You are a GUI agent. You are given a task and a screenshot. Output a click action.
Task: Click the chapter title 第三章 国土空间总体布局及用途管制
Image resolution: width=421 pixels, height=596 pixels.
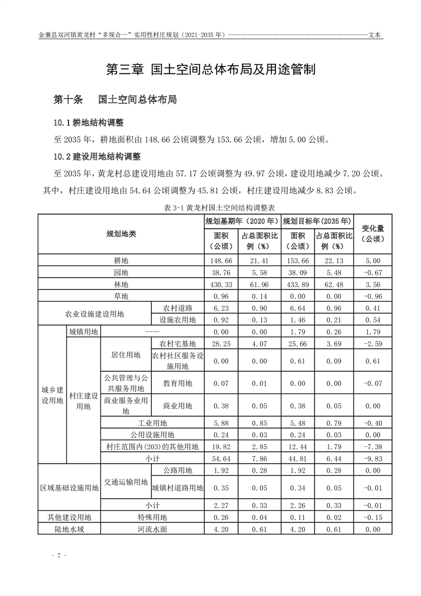[211, 70]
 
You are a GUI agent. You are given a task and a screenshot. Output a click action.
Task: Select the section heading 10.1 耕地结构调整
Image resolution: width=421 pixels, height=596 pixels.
[88, 123]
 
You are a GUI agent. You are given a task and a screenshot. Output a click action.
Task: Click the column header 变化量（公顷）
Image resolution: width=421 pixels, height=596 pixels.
[373, 234]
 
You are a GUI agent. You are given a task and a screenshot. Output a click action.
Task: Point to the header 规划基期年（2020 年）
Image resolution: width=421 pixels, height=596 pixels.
[242, 220]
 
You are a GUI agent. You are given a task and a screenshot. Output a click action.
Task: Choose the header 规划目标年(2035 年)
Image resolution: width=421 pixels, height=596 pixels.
[317, 220]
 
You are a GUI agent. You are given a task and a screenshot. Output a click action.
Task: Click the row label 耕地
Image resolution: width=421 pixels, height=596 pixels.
[121, 261]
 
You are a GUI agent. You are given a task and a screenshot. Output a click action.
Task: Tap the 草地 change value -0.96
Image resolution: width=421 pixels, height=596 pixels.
[373, 296]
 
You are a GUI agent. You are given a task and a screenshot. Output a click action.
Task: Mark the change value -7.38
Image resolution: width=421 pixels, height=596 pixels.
[373, 446]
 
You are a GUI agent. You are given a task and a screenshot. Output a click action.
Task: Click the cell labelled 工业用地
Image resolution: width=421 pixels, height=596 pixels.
[152, 423]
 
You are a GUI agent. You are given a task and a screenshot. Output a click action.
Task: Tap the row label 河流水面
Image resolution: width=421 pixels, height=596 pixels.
[152, 529]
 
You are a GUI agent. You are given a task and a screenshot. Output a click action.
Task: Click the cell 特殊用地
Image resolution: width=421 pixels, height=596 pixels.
[152, 517]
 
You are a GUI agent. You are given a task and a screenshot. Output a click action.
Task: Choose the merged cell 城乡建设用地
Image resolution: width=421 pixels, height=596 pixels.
[53, 395]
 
